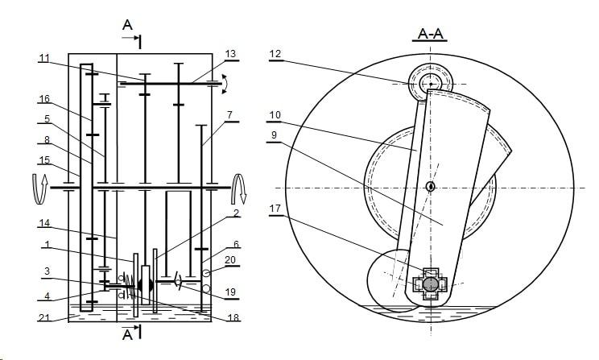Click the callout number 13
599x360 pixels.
click(x=231, y=54)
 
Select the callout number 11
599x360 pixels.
click(x=44, y=58)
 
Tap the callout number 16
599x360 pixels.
click(x=44, y=99)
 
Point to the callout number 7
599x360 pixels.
click(x=229, y=114)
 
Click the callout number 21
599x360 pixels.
click(x=44, y=317)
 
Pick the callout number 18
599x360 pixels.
click(x=233, y=317)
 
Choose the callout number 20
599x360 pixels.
click(x=230, y=260)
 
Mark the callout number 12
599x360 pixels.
click(x=275, y=54)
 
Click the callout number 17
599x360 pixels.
click(x=275, y=209)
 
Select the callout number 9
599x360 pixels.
click(x=273, y=135)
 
